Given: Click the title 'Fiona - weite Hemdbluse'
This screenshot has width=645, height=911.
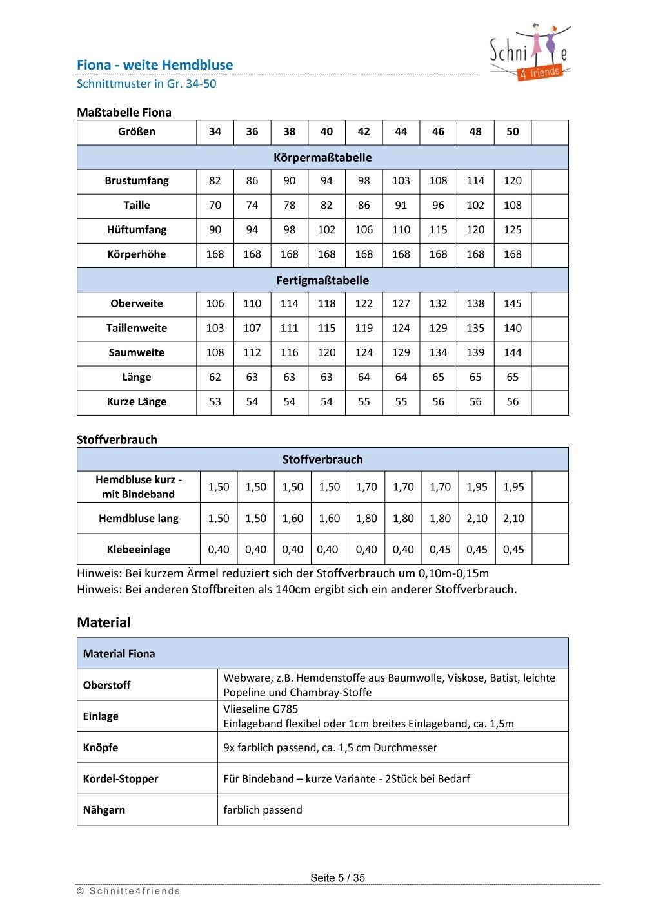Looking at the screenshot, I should [x=155, y=65].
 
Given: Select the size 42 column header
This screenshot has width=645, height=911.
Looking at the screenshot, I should [x=364, y=131].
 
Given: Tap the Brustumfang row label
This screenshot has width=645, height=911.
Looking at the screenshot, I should [x=137, y=181].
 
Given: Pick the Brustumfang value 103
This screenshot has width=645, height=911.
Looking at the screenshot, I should [x=401, y=181].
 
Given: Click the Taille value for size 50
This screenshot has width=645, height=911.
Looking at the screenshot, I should [x=512, y=206].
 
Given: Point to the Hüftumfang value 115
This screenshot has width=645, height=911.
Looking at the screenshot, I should [x=438, y=230].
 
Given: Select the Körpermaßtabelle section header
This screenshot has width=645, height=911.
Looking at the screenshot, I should [x=322, y=157].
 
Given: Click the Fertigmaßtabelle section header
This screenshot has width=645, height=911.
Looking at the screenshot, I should [x=322, y=280].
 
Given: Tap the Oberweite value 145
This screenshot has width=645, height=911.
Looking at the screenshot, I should [x=512, y=303].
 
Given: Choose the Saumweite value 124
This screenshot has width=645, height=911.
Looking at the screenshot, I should [x=364, y=352].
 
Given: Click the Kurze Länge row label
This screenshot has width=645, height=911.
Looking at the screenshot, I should [x=137, y=402].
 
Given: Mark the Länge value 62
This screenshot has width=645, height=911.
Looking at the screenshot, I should [x=215, y=378].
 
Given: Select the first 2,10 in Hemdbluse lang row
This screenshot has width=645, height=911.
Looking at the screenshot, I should [x=477, y=519].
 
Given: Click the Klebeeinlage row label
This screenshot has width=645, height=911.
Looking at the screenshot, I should [x=139, y=550].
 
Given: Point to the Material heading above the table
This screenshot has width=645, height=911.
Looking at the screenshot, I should [x=104, y=622].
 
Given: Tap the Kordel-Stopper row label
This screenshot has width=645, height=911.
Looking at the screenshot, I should [x=121, y=779].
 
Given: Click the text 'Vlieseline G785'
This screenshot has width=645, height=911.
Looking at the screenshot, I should [x=261, y=709].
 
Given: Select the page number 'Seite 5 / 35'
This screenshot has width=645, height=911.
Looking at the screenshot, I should [x=337, y=877].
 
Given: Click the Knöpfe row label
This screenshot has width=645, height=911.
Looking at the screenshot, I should [x=101, y=748].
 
